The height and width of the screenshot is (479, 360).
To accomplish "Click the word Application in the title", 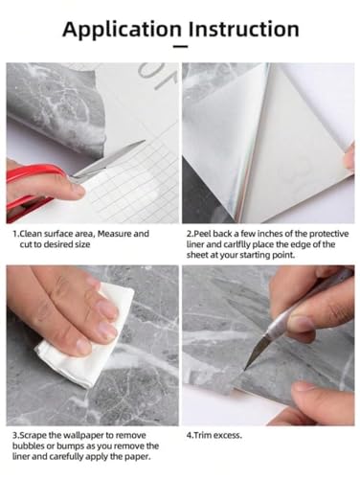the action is (x=122, y=30).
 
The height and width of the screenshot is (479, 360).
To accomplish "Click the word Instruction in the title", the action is (x=243, y=29).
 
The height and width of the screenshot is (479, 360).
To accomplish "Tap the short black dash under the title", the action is (x=180, y=47).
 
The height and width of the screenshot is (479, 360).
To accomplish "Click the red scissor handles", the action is (x=31, y=190).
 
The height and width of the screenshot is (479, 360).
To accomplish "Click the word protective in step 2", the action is (x=329, y=234).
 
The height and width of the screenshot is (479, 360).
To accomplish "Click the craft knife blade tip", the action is (x=245, y=369).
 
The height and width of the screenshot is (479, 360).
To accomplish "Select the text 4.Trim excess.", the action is (x=214, y=435).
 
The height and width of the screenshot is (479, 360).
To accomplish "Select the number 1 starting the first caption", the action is (x=14, y=234).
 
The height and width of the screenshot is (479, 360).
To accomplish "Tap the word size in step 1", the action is (x=81, y=244).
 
